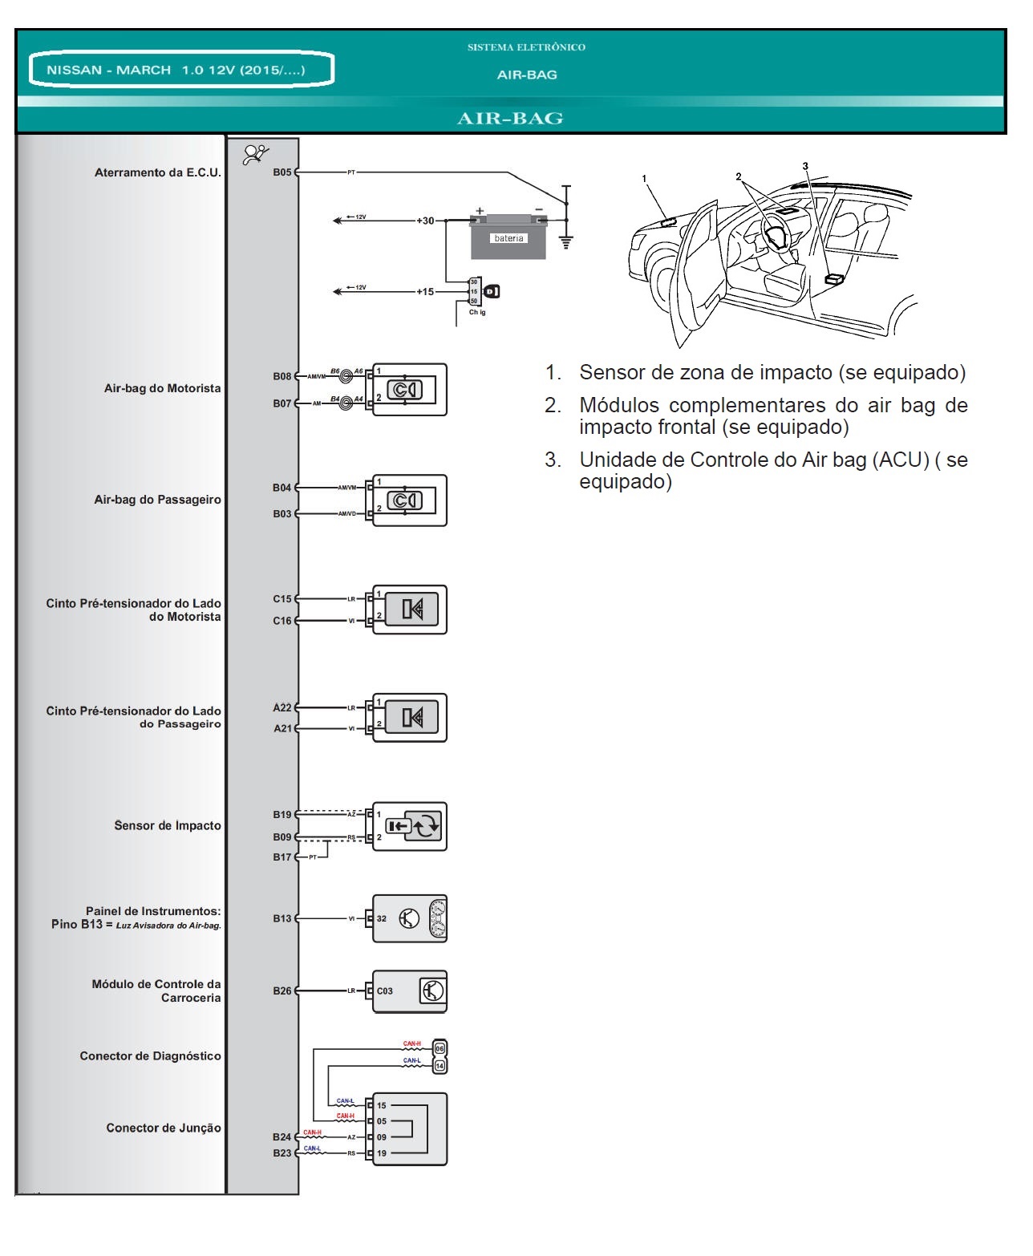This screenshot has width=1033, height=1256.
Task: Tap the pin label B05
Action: pos(282,172)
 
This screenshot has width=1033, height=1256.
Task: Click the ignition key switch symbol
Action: pos(489,292)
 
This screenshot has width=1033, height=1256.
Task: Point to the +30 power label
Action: pos(425,221)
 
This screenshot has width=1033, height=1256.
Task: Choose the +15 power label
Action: pos(425,292)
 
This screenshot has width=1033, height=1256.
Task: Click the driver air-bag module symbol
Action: pos(410,389)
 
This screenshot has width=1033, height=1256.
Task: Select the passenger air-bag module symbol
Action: pos(410,500)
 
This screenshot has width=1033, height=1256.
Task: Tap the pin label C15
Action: pos(282,599)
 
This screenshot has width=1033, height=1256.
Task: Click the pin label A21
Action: pos(282,728)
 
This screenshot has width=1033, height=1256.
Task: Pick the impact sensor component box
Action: pos(410,826)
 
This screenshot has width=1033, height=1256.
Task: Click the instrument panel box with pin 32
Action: pos(410,918)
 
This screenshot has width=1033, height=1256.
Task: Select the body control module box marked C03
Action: pos(410,991)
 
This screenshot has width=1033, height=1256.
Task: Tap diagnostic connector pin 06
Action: pos(440,1047)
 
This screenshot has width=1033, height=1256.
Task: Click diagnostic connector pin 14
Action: pos(440,1066)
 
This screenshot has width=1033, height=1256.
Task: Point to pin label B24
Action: pos(282,1137)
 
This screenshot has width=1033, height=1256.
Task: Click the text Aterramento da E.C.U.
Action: pos(157,172)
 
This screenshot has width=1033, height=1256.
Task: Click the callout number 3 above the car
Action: pos(805,166)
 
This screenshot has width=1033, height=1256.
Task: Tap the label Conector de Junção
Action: pos(164,1128)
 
